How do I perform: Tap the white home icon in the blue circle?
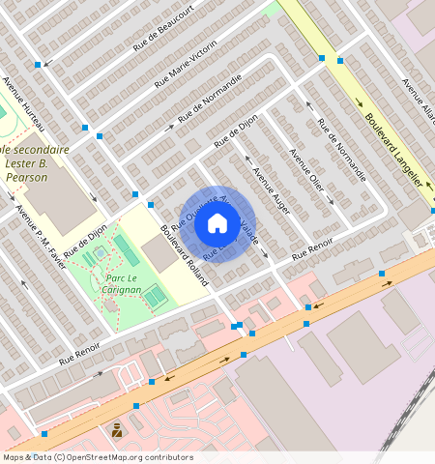217,224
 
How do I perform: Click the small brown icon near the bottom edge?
117,430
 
